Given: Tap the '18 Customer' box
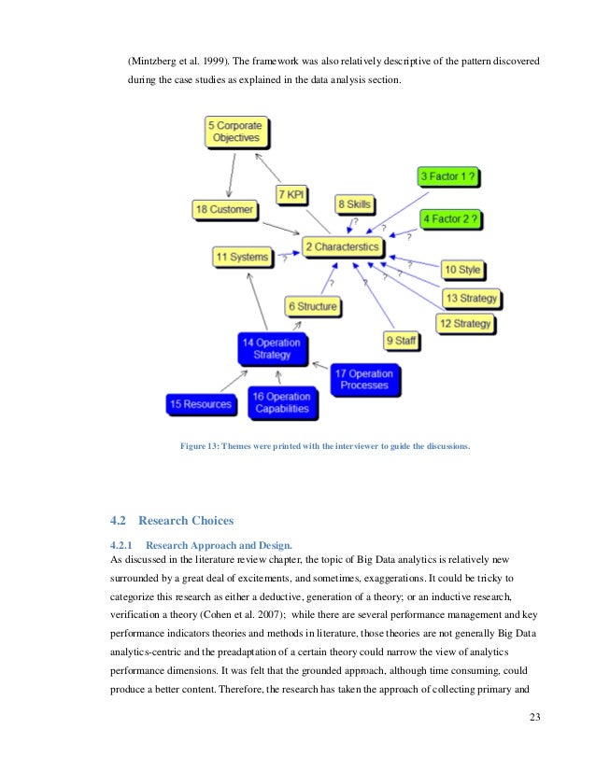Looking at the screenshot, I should (224, 210).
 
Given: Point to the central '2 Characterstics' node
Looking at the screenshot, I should (342, 247).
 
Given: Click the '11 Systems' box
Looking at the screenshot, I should (242, 257).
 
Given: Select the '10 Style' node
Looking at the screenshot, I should (462, 271).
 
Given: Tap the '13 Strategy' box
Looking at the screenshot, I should (471, 299).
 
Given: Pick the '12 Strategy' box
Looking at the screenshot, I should (464, 324).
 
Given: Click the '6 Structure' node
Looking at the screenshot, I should (312, 306).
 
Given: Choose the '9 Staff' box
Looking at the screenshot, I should (401, 341).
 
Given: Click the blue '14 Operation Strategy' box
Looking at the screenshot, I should (271, 349).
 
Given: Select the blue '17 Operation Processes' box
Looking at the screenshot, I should (364, 379).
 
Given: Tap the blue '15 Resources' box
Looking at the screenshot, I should (200, 404).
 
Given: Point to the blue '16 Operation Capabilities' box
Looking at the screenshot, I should (281, 403).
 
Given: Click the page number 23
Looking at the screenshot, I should (534, 717).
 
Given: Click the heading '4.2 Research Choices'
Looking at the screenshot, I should (173, 520).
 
